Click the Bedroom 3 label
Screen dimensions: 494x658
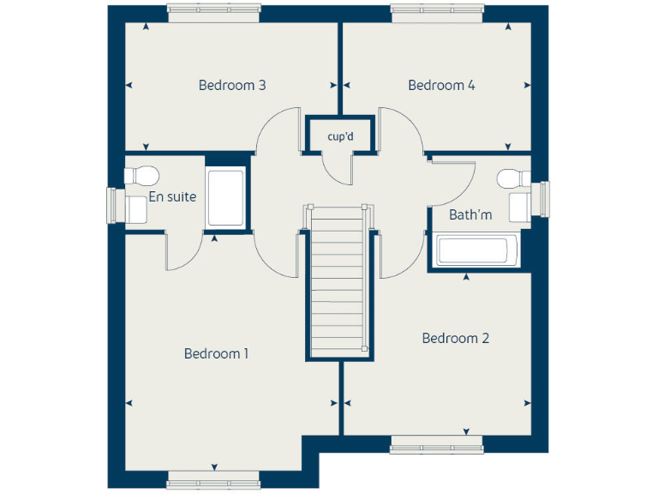pyautogui.click(x=231, y=85)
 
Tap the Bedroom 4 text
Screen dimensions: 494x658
pyautogui.click(x=441, y=85)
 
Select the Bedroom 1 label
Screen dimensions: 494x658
pyautogui.click(x=216, y=353)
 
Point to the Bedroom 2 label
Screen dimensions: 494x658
pyautogui.click(x=455, y=338)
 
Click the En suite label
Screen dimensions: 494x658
pyautogui.click(x=172, y=196)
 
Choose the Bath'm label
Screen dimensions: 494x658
pyautogui.click(x=470, y=214)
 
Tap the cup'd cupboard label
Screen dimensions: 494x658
pyautogui.click(x=340, y=136)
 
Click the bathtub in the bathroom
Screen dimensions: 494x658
pyautogui.click(x=474, y=250)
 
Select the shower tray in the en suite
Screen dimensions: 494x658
pyautogui.click(x=226, y=198)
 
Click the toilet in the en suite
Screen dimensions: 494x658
pyautogui.click(x=141, y=176)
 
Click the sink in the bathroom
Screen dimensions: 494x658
pyautogui.click(x=520, y=207)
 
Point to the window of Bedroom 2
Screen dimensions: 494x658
pyautogui.click(x=436, y=443)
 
